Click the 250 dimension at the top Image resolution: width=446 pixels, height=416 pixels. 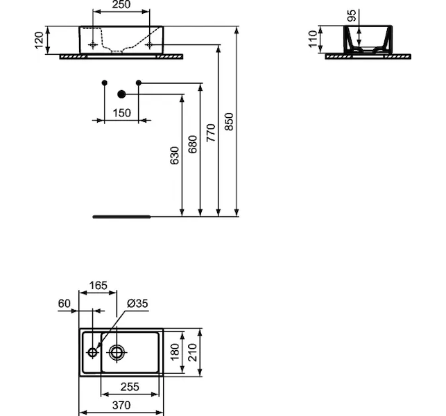121,5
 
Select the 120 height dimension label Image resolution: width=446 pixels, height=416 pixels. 39,40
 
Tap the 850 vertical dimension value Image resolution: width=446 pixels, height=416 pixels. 228,122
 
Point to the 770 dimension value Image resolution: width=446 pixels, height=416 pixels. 211,133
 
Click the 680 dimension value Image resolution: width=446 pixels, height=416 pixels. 193,144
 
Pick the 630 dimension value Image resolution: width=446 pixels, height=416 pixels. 174,155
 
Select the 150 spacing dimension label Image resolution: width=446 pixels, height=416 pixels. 122,113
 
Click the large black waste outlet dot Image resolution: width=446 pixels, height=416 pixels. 121,94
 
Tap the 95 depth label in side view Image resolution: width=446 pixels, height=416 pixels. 352,15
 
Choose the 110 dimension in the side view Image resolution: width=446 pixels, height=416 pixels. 312,39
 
